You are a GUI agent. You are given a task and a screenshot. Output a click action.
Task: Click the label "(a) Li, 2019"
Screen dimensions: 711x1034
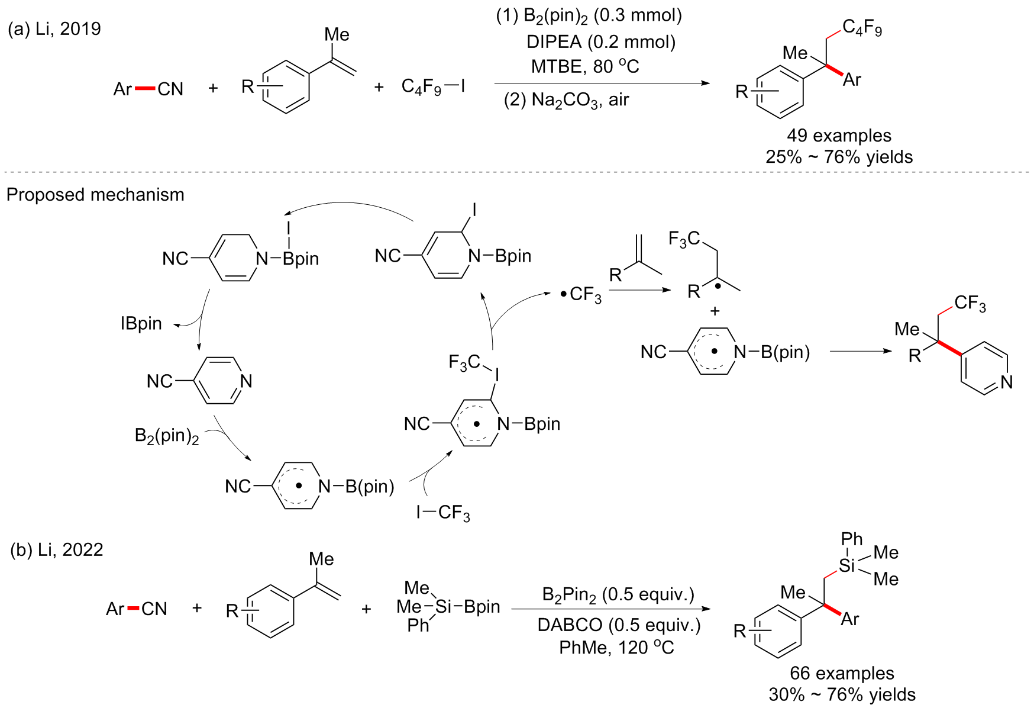pyautogui.click(x=54, y=28)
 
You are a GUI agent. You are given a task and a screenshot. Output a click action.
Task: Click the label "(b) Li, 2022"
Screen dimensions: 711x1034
pyautogui.click(x=57, y=550)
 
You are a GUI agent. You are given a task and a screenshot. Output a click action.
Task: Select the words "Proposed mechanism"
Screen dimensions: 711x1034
pyautogui.click(x=95, y=195)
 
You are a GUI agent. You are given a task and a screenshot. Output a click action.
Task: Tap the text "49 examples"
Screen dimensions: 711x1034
pyautogui.click(x=839, y=136)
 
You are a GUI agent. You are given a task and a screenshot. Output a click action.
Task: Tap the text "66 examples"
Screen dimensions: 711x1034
pyautogui.click(x=842, y=673)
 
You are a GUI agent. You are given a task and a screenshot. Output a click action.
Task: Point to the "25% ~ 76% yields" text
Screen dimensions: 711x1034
pyautogui.click(x=839, y=157)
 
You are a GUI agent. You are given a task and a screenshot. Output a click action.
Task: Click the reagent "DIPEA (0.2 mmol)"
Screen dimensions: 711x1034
pyautogui.click(x=601, y=41)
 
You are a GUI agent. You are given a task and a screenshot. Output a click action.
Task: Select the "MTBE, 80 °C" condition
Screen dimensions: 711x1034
pyautogui.click(x=584, y=66)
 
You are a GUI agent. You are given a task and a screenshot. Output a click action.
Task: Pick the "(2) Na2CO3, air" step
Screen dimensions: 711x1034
pyautogui.click(x=566, y=100)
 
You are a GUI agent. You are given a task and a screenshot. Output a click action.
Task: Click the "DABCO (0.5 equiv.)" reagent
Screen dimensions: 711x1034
pyautogui.click(x=619, y=625)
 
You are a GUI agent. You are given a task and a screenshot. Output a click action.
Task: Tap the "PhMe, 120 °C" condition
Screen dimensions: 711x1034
pyautogui.click(x=616, y=648)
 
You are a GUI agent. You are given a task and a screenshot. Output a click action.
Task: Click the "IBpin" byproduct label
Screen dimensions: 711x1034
pyautogui.click(x=141, y=323)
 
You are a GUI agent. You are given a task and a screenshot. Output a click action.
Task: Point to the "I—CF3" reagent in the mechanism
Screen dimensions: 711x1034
pyautogui.click(x=443, y=513)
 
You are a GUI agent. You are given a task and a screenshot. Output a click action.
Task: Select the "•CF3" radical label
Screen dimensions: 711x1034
pyautogui.click(x=581, y=294)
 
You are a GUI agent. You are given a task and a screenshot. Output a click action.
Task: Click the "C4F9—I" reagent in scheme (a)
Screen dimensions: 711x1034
pyautogui.click(x=433, y=87)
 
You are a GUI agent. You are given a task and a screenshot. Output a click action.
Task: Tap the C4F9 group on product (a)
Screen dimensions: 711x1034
pyautogui.click(x=862, y=27)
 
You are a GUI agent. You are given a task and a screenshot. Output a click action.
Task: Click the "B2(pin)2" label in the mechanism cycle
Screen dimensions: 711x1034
pyautogui.click(x=167, y=436)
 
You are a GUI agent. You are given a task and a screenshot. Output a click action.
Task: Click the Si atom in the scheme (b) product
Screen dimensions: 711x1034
pyautogui.click(x=847, y=565)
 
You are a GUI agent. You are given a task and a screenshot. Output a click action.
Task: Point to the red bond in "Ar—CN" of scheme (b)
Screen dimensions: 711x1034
pyautogui.click(x=133, y=609)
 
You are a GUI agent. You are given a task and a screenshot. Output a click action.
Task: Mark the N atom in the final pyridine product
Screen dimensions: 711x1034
pyautogui.click(x=1007, y=382)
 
